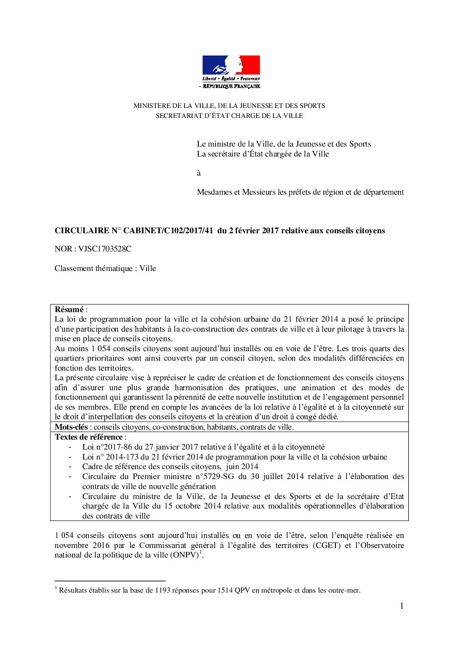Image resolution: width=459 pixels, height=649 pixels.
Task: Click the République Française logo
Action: [x=231, y=72]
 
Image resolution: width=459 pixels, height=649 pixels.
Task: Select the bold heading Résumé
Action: [x=69, y=310]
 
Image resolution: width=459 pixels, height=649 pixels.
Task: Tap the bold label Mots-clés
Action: [x=71, y=427]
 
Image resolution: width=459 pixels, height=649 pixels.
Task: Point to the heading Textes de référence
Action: [x=89, y=437]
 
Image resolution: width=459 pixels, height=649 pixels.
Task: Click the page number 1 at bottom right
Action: [x=401, y=606]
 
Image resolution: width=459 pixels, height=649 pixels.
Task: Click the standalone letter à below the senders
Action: [x=199, y=173]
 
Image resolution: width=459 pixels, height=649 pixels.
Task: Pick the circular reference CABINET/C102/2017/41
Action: [x=168, y=231]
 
